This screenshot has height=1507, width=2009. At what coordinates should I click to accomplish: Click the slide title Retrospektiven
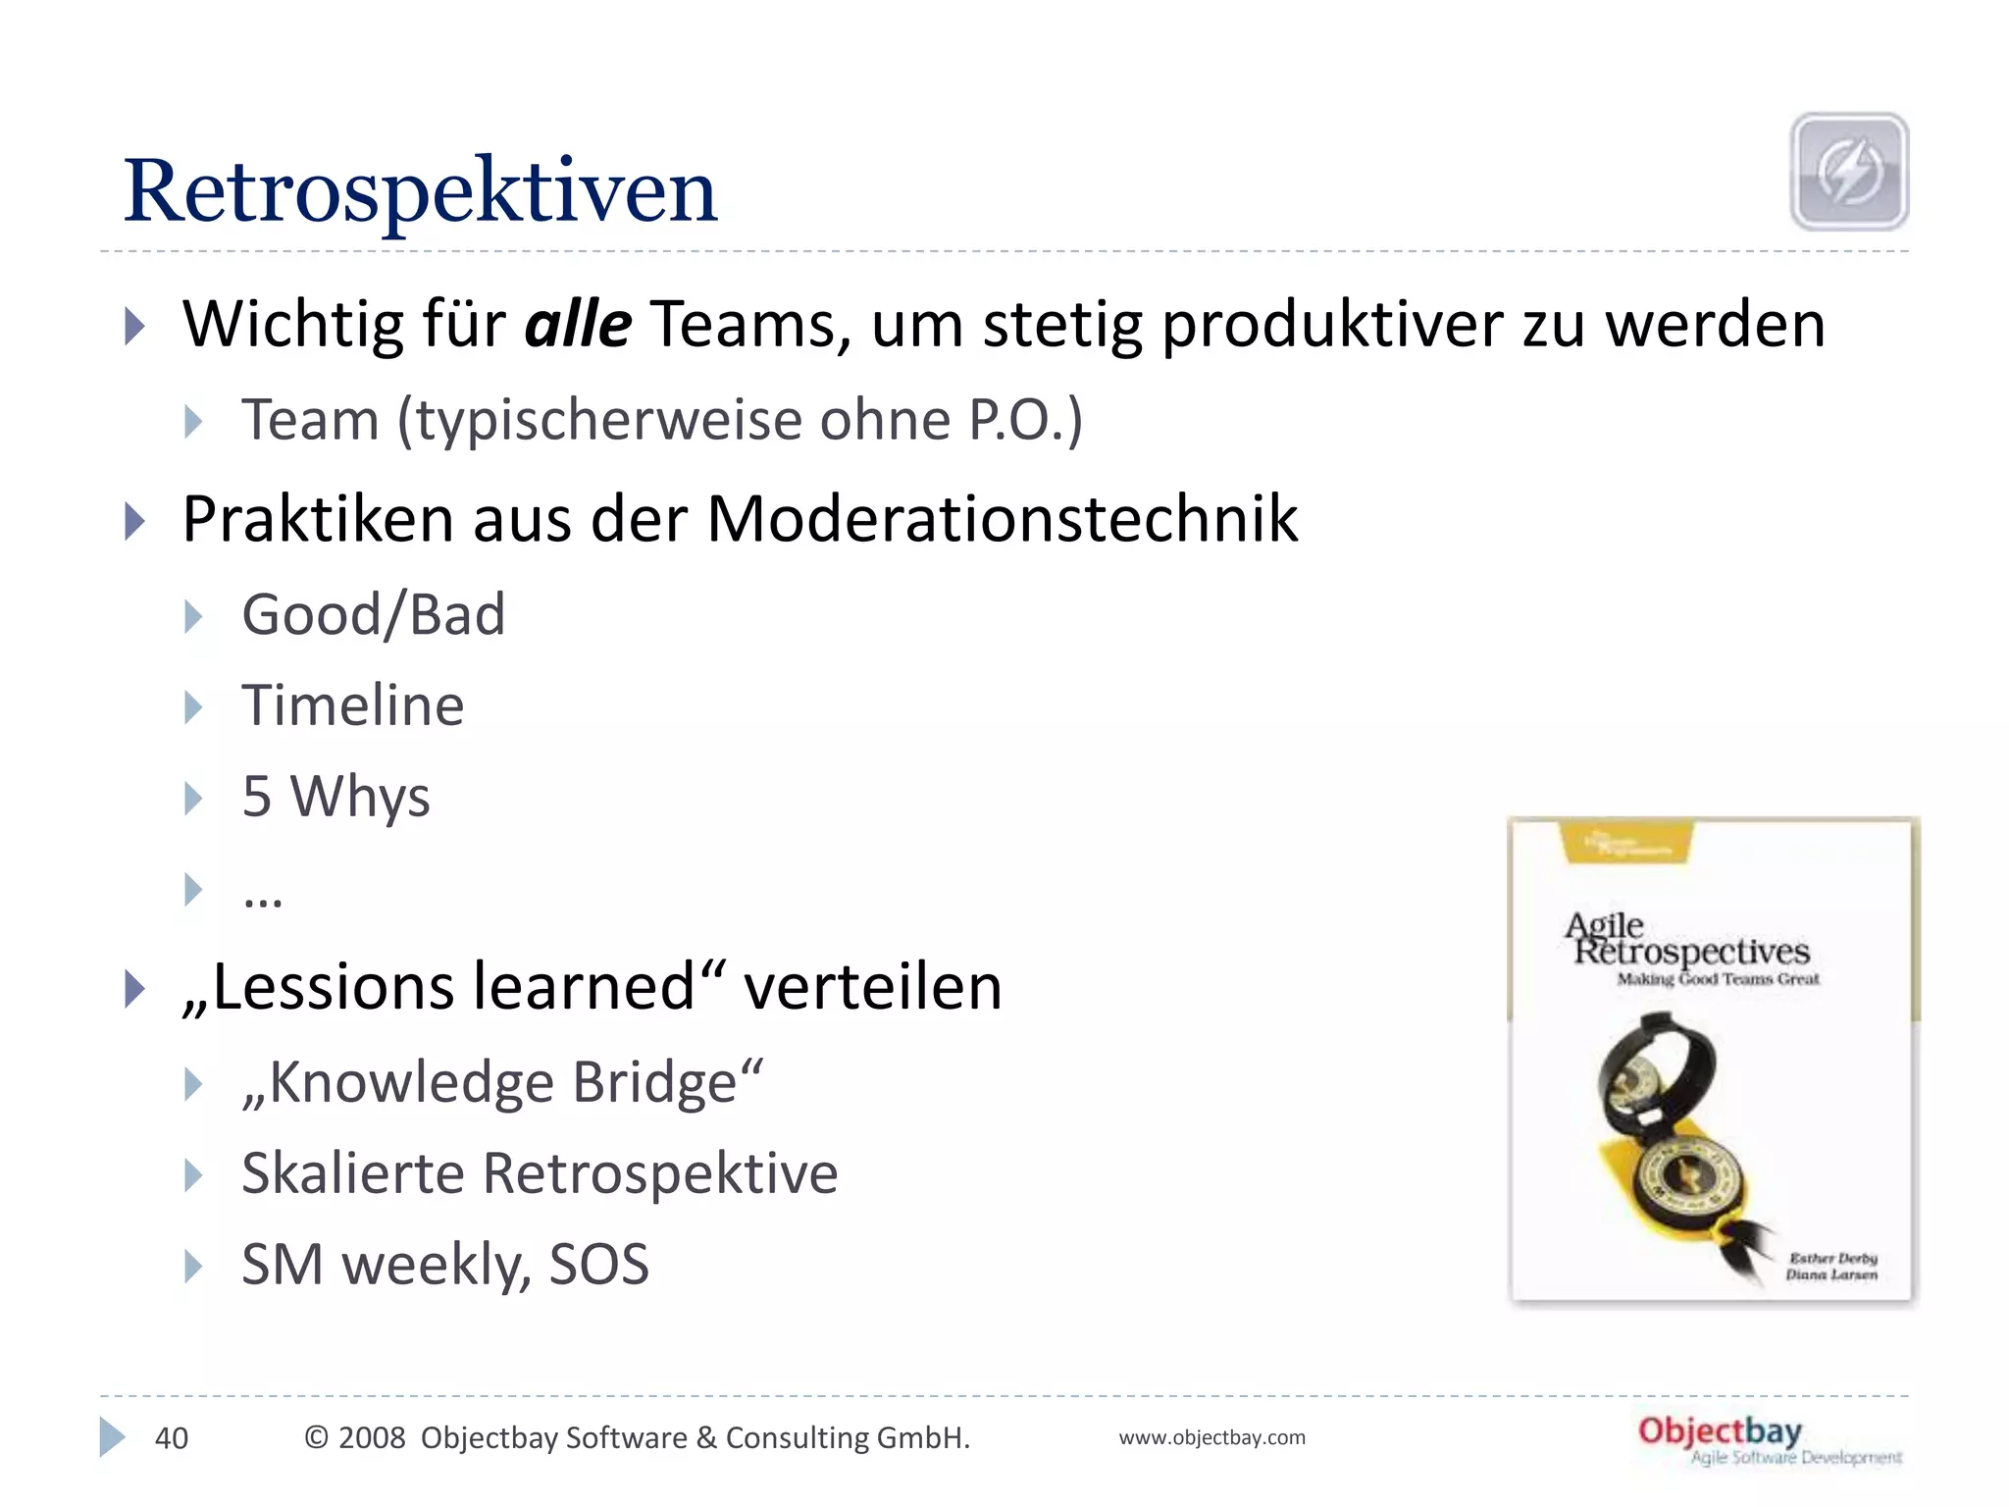420,191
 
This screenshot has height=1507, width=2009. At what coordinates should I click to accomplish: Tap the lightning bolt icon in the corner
1849,172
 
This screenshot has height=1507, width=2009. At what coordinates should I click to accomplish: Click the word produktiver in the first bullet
1331,326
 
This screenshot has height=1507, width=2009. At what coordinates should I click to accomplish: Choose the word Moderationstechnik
1002,518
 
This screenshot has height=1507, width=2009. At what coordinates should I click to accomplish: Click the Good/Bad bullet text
373,615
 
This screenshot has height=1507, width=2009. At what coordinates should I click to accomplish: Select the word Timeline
352,705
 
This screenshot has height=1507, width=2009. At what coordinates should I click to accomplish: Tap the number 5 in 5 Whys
256,796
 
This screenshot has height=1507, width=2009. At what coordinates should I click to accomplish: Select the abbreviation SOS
598,1265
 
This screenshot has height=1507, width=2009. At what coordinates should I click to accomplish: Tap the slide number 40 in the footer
172,1438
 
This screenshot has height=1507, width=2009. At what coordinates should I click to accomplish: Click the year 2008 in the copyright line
371,1438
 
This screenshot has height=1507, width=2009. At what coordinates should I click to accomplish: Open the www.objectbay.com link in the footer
1211,1438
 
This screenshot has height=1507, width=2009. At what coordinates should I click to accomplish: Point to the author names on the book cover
1830,1266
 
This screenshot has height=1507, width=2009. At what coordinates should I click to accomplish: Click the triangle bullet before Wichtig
135,326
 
